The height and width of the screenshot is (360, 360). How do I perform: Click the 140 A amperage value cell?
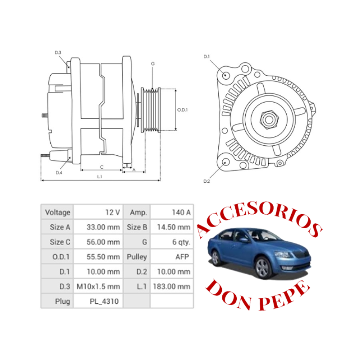[172, 212]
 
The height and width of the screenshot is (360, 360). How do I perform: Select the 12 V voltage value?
[98, 212]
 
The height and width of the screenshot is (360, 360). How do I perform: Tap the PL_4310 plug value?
[98, 301]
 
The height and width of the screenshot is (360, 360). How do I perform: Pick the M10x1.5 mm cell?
[98, 286]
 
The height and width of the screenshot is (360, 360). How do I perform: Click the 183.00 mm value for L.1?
[172, 286]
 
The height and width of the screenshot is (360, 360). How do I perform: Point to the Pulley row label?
[137, 257]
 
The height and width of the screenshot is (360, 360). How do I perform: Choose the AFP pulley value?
[172, 257]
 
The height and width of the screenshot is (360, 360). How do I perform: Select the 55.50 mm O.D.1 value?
[98, 257]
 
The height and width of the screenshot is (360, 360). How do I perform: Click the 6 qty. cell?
[172, 242]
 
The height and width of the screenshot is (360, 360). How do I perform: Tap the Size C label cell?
[57, 242]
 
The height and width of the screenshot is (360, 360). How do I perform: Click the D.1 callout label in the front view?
[207, 56]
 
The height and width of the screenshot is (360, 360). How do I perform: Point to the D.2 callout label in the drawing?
[207, 181]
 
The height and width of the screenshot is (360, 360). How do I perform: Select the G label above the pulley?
[153, 64]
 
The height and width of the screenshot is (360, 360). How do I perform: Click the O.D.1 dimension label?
[182, 109]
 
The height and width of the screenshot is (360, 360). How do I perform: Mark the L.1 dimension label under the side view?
[99, 177]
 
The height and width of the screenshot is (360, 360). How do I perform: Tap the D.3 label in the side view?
[58, 53]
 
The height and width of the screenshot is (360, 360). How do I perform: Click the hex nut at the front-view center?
[268, 119]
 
